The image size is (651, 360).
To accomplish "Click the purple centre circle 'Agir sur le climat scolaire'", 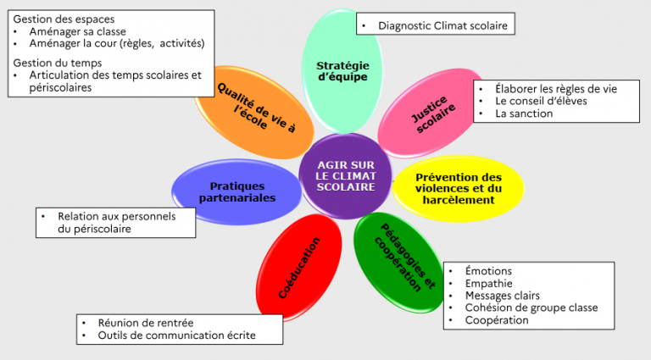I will click(x=345, y=175).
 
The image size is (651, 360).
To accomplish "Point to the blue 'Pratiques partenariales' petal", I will click(x=237, y=191).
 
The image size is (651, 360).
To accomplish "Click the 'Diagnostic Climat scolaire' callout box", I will click(x=435, y=26).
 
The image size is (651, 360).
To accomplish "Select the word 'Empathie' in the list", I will click(x=489, y=283).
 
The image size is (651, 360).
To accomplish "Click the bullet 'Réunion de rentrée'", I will click(x=145, y=323).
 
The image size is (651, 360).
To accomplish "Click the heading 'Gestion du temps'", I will click(x=58, y=62).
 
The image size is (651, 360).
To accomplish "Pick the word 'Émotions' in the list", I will click(x=488, y=271).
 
